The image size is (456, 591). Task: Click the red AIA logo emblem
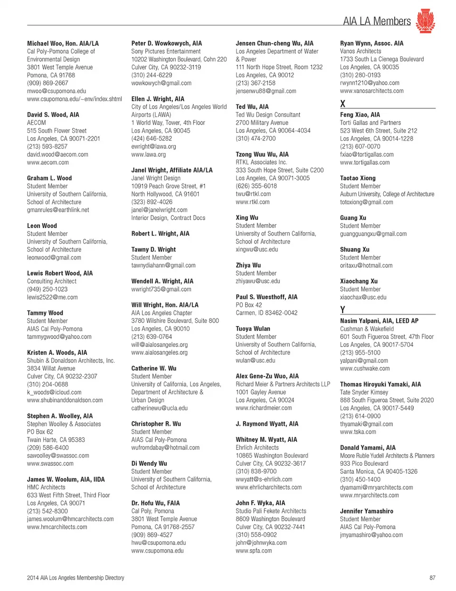[x=425, y=20]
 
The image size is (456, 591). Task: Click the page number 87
[x=432, y=578]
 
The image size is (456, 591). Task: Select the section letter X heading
[x=342, y=103]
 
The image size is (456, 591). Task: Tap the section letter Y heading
[x=342, y=310]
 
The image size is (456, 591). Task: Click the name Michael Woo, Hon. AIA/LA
[x=63, y=43]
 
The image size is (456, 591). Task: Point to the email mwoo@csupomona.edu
[x=57, y=91]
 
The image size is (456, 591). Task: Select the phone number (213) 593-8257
[x=47, y=147]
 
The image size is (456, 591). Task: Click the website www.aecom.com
[x=48, y=162]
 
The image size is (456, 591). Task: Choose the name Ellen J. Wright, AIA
[x=158, y=99]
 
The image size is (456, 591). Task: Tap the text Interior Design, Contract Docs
[x=168, y=218]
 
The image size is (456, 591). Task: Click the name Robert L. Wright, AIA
[x=160, y=234]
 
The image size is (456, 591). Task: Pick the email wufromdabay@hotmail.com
[x=165, y=448]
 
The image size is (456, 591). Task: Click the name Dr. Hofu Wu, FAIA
[x=155, y=503]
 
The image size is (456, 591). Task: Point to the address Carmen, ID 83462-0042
[x=266, y=313]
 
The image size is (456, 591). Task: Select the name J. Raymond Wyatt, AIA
[x=267, y=424]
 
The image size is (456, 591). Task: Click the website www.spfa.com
[x=254, y=551]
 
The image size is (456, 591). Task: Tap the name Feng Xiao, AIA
[x=360, y=114]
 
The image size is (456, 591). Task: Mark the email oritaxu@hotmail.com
[x=366, y=265]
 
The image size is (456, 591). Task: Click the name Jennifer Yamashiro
[x=366, y=511]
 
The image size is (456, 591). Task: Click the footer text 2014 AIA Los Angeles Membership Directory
[x=76, y=578]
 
